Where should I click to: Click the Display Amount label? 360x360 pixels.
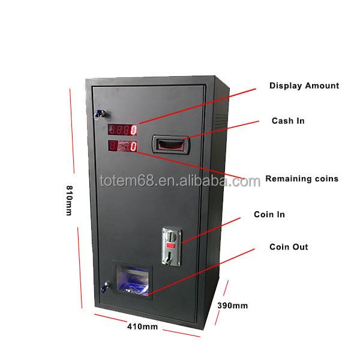(304, 86)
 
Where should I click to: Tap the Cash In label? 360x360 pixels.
(288, 121)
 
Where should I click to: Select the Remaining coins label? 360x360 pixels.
(302, 179)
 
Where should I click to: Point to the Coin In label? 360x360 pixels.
(269, 214)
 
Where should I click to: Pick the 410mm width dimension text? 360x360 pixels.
(142, 327)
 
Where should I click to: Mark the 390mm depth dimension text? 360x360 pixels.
(233, 305)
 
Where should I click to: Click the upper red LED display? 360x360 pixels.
(122, 129)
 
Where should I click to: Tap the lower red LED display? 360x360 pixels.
(122, 146)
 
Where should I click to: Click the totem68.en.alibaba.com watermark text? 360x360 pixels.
(180, 181)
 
